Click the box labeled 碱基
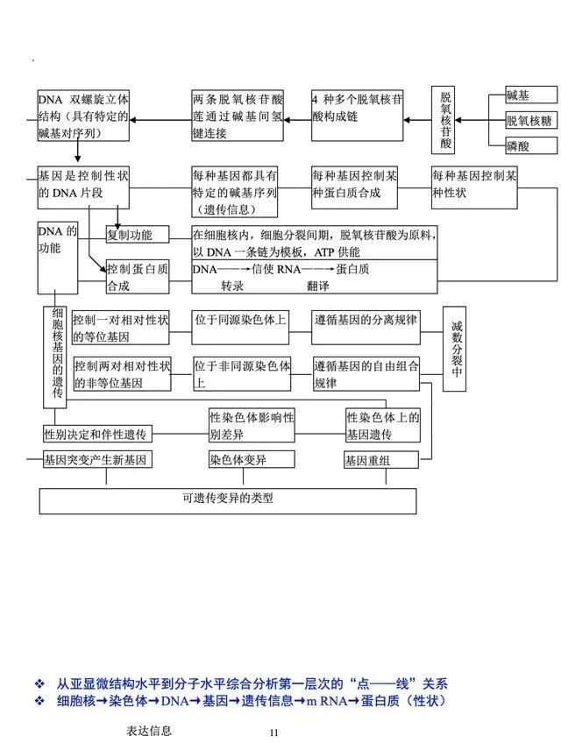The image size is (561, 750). (x=531, y=95)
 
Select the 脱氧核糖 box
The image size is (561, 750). (x=531, y=120)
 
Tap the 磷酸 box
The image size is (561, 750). (x=531, y=145)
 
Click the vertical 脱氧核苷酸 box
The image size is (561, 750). (x=443, y=120)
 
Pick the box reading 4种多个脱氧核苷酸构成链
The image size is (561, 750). (x=357, y=116)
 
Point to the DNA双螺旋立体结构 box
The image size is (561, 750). (x=83, y=116)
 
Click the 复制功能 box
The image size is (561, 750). (x=138, y=235)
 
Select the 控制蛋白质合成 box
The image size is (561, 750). (x=138, y=277)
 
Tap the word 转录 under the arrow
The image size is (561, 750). (x=232, y=286)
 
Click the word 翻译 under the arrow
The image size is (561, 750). (x=318, y=286)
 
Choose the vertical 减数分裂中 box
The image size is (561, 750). (x=454, y=350)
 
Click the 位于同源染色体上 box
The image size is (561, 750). (x=240, y=328)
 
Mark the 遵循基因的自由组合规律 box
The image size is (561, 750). (x=366, y=374)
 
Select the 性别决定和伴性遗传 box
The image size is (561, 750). (x=97, y=434)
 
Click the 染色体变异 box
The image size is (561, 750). (x=252, y=460)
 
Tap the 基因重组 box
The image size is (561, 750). (x=381, y=460)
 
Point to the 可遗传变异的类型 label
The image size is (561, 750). (x=228, y=498)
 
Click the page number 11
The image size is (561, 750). (x=273, y=732)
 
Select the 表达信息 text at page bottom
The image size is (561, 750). (x=149, y=731)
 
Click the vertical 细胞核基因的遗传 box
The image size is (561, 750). (x=55, y=357)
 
